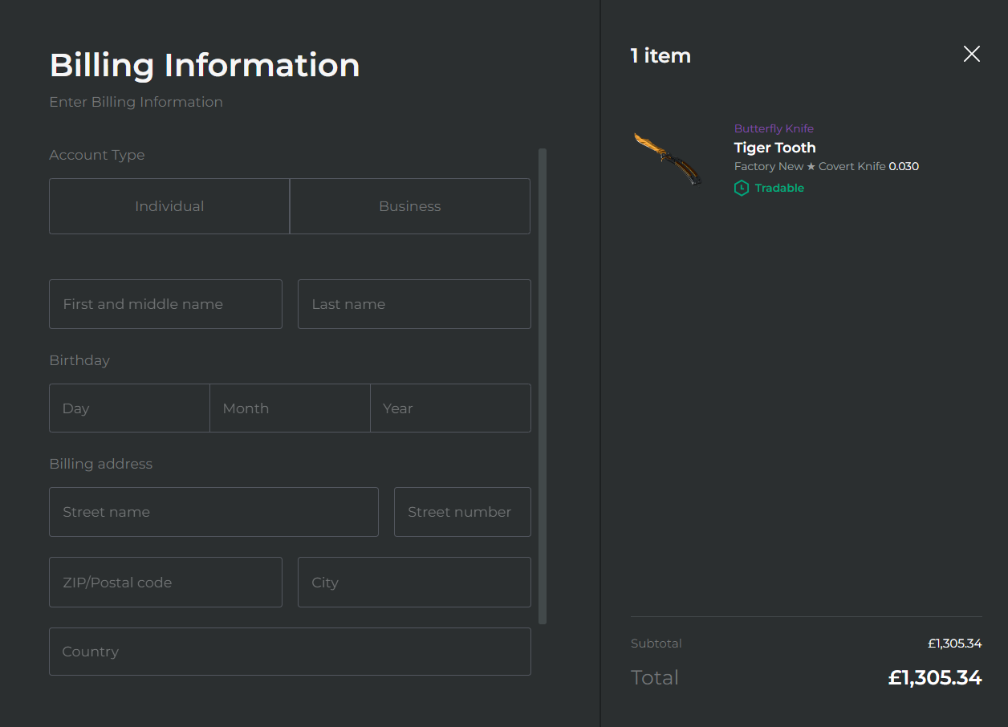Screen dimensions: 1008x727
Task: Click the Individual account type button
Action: pyautogui.click(x=169, y=206)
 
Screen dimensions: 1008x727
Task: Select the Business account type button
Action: pyautogui.click(x=410, y=206)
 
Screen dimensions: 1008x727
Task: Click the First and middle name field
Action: pyautogui.click(x=165, y=304)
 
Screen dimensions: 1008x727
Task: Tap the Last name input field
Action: pyautogui.click(x=414, y=304)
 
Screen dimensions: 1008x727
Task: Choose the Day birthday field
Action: pyautogui.click(x=129, y=408)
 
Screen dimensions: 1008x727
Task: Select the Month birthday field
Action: pyautogui.click(x=290, y=408)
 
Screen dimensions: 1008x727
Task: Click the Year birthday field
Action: pyautogui.click(x=450, y=408)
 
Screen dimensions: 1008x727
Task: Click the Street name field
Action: pyautogui.click(x=213, y=512)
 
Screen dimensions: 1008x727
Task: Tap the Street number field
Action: pyautogui.click(x=462, y=512)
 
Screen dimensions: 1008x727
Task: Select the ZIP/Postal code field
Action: pyautogui.click(x=165, y=582)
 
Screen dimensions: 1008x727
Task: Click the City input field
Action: pyautogui.click(x=414, y=582)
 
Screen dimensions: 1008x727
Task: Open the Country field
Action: pyautogui.click(x=290, y=652)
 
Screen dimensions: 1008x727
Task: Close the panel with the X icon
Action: pyautogui.click(x=972, y=54)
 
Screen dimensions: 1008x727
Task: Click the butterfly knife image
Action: pyautogui.click(x=668, y=159)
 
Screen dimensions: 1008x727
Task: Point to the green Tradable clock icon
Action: pyautogui.click(x=741, y=188)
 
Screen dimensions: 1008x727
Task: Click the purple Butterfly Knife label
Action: pyautogui.click(x=774, y=128)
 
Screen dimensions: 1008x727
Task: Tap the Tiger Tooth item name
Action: pyautogui.click(x=774, y=148)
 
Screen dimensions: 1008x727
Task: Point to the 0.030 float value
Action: pyautogui.click(x=904, y=166)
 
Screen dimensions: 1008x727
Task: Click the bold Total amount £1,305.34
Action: pyautogui.click(x=935, y=677)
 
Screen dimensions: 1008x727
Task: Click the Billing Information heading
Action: pyautogui.click(x=205, y=66)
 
